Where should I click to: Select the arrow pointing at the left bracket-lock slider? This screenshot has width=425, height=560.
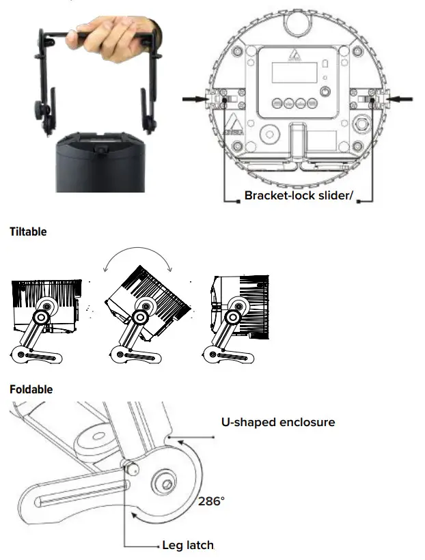tap(197, 99)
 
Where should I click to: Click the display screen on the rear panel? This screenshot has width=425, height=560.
tap(287, 72)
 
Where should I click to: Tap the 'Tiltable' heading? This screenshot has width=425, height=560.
tap(28, 232)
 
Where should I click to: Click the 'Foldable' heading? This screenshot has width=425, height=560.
tap(31, 389)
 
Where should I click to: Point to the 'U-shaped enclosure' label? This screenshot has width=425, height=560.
tap(277, 422)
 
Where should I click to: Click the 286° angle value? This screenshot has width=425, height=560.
tap(211, 501)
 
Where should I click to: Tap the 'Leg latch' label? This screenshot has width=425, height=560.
tap(187, 545)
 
